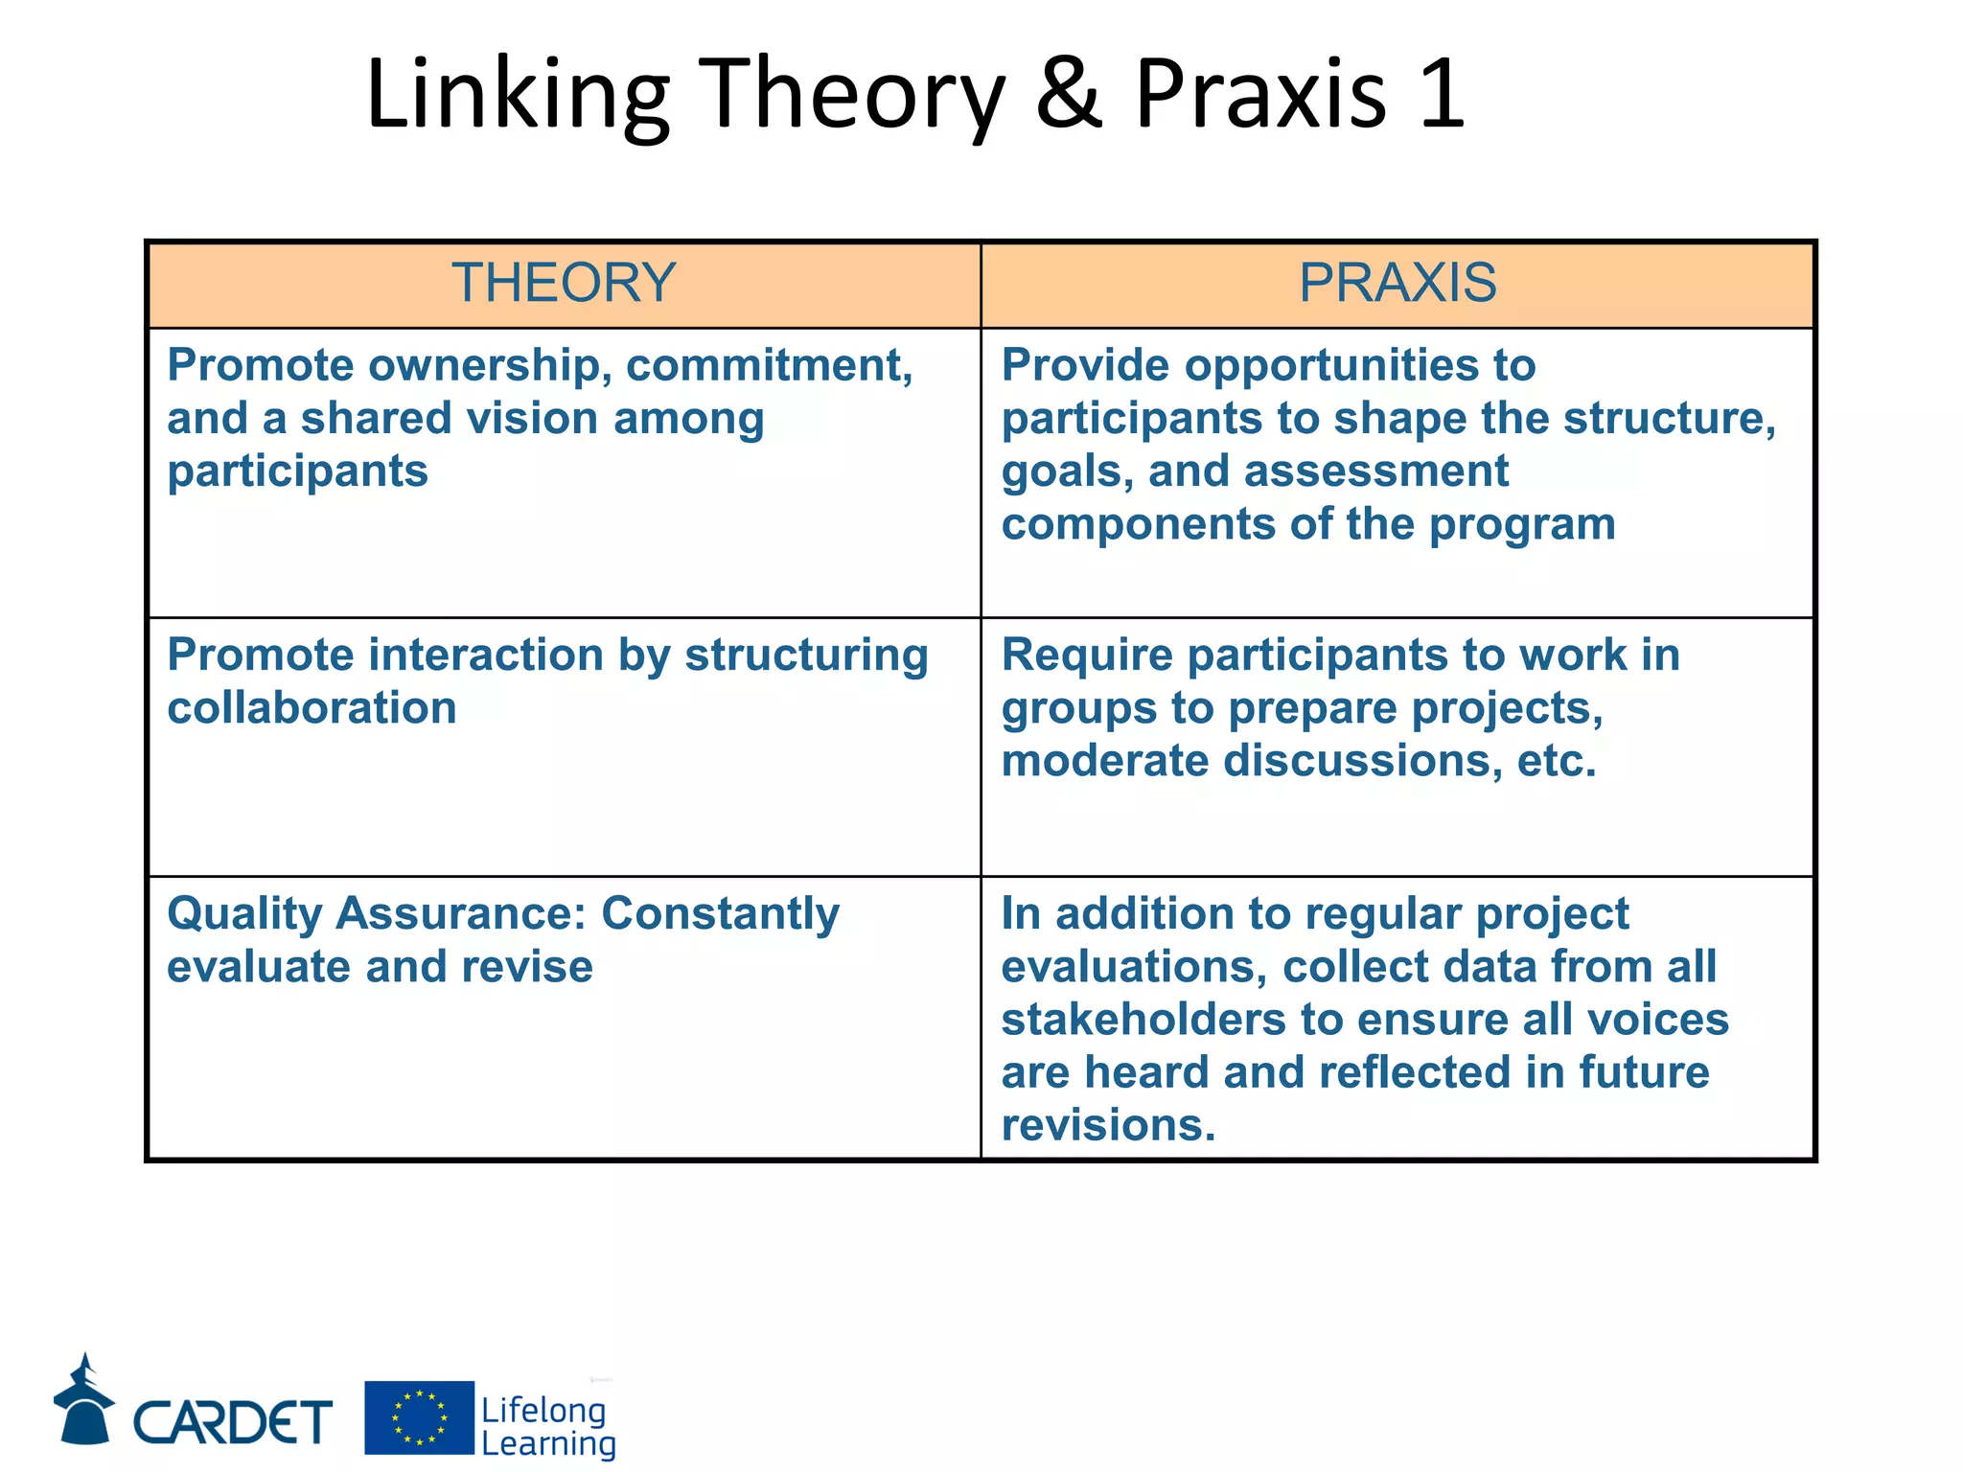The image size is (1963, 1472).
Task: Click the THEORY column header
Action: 564,283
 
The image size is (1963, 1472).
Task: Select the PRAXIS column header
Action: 1397,283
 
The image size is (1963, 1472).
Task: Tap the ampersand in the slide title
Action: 1070,93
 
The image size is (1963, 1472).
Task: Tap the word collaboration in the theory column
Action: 312,708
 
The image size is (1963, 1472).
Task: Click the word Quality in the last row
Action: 244,914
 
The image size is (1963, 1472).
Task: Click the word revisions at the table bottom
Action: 1108,1125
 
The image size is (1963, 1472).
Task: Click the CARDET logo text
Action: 233,1421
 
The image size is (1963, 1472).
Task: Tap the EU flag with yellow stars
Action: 419,1417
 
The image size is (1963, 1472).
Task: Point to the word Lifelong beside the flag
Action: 543,1410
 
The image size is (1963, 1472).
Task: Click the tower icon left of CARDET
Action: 83,1400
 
